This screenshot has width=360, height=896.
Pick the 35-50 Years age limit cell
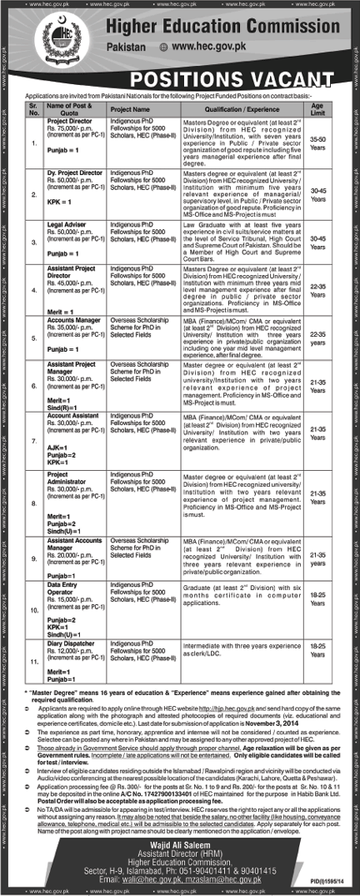pos(317,147)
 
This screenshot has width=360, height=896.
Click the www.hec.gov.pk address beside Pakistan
pos(211,50)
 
